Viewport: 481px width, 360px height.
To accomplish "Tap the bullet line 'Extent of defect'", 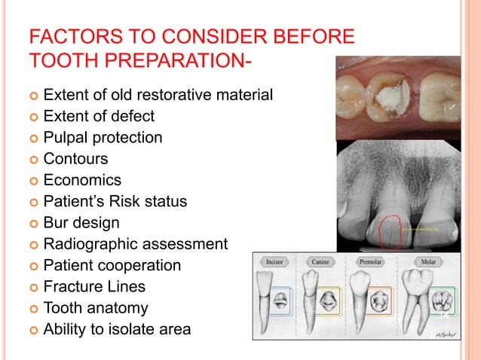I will (x=99, y=117).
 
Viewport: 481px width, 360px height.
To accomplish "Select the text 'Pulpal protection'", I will (x=103, y=138).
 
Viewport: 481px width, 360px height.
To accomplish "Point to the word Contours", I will (x=75, y=159).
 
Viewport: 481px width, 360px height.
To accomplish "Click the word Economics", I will (x=82, y=181).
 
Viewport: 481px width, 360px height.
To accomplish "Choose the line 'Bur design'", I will (x=81, y=223).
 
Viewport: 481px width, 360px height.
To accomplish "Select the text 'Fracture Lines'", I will (x=94, y=287).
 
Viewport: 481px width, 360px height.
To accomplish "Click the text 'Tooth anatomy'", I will (x=96, y=308).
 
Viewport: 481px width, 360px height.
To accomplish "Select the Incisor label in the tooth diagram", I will (x=274, y=261).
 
